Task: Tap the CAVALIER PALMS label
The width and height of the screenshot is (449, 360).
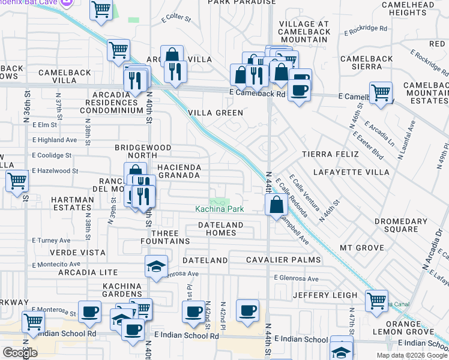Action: click(284, 260)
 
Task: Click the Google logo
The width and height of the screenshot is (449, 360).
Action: click(20, 353)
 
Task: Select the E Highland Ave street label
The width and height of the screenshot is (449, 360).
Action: click(55, 140)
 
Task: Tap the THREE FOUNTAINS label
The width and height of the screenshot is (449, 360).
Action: click(170, 236)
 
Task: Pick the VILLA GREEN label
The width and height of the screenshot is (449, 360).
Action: click(215, 113)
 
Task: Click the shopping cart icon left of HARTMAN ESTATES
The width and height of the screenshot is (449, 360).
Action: click(17, 179)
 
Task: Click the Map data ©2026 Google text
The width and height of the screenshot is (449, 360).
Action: click(411, 355)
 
